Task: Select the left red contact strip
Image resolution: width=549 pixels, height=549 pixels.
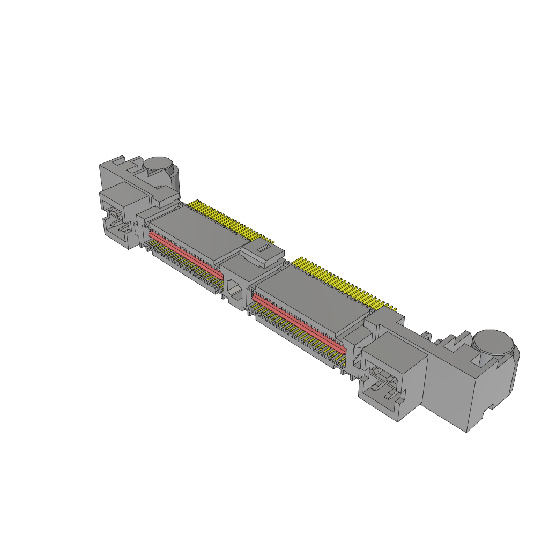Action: (185, 253)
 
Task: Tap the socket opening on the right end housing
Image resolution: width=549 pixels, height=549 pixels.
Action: (382, 382)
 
